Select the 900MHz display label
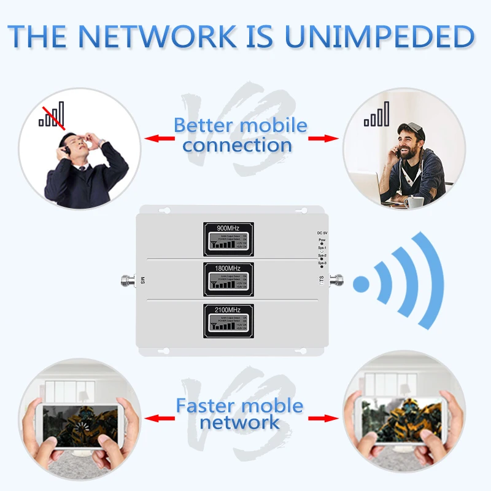tap(228, 228)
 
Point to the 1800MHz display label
tap(228, 269)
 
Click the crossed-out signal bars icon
tap(52, 115)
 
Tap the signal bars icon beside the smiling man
tap(376, 115)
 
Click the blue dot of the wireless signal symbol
tap(362, 284)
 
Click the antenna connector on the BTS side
tap(336, 281)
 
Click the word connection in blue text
tap(237, 145)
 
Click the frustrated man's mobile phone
tap(64, 145)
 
